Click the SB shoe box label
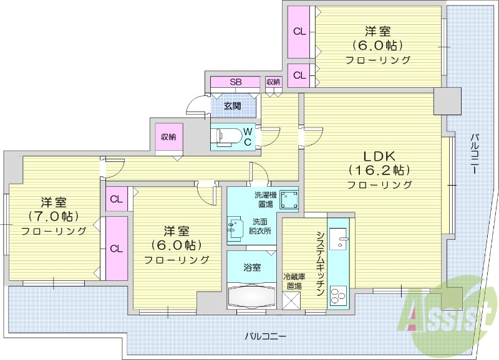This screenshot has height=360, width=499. (x=235, y=82)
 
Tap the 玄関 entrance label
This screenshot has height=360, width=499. (x=233, y=106)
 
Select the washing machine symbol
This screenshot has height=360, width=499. (x=289, y=199)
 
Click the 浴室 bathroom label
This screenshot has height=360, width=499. (x=252, y=267)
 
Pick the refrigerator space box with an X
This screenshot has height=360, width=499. (x=291, y=300)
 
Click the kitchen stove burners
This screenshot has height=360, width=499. (x=339, y=294)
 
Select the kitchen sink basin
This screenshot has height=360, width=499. (x=339, y=239)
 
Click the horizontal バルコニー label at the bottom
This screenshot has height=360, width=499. (x=265, y=336)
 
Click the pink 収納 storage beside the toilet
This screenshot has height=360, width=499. (x=168, y=136)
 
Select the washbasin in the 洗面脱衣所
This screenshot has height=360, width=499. (x=234, y=228)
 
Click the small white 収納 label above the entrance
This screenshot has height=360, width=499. (x=273, y=82)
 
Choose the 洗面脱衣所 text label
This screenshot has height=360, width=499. (x=261, y=226)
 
